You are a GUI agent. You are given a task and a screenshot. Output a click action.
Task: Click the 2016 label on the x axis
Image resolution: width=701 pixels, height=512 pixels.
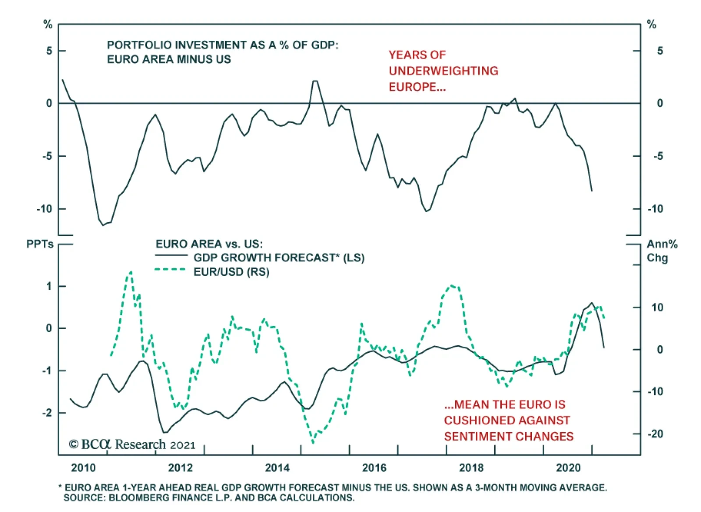pyautogui.click(x=374, y=468)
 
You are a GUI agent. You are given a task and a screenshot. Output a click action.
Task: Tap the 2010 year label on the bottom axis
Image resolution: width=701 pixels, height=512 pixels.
pyautogui.click(x=83, y=468)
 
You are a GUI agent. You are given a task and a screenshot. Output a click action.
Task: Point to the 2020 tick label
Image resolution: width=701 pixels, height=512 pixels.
pyautogui.click(x=568, y=468)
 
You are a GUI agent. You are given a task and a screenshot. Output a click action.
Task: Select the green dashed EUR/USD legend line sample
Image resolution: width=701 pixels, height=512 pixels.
pyautogui.click(x=170, y=270)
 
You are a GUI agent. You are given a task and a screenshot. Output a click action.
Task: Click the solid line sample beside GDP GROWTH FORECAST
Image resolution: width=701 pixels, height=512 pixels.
pyautogui.click(x=171, y=256)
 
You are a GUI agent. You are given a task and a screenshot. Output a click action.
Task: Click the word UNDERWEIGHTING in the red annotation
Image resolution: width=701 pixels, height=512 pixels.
pyautogui.click(x=443, y=71)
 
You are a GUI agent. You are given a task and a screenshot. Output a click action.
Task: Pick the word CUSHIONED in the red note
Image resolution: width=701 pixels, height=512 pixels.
pyautogui.click(x=507, y=420)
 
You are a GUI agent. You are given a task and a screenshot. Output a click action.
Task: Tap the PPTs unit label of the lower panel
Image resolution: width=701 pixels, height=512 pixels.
pyautogui.click(x=40, y=244)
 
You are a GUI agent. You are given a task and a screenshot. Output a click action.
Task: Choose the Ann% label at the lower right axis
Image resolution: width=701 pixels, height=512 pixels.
pyautogui.click(x=662, y=244)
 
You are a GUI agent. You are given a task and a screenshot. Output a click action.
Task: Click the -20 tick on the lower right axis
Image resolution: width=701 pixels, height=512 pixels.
pyautogui.click(x=656, y=434)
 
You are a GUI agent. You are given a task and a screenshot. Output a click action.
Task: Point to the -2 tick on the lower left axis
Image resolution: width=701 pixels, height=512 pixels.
pyautogui.click(x=47, y=413)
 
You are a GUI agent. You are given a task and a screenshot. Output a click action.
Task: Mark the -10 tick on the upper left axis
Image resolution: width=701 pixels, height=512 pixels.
pyautogui.click(x=44, y=209)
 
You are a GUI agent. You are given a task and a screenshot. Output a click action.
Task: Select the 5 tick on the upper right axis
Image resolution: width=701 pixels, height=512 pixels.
pyautogui.click(x=660, y=51)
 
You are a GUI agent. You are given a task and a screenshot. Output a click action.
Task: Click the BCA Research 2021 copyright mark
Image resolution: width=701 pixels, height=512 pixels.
pyautogui.click(x=132, y=444)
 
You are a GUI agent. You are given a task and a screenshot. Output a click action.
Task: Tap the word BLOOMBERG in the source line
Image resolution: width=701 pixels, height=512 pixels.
pyautogui.click(x=140, y=498)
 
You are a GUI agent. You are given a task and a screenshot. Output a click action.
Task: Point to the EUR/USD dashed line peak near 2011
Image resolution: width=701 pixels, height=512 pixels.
pyautogui.click(x=130, y=272)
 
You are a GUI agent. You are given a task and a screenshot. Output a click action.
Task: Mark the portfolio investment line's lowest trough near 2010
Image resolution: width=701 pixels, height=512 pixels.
pyautogui.click(x=103, y=225)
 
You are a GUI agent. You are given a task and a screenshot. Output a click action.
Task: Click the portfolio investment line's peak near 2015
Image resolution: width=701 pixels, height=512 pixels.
pyautogui.click(x=315, y=81)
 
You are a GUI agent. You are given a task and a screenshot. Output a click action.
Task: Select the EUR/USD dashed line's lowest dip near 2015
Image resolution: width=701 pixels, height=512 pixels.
pyautogui.click(x=313, y=442)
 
